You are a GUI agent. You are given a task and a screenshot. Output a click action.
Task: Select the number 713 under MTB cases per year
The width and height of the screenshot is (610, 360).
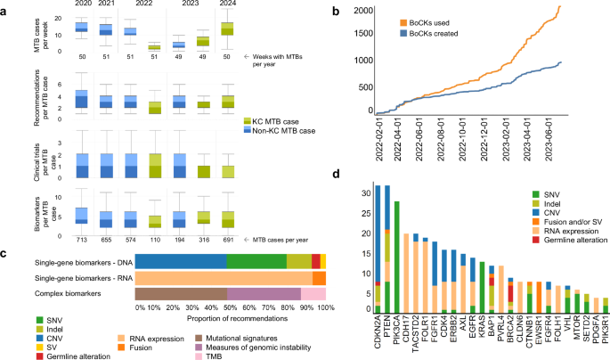(x=81, y=241)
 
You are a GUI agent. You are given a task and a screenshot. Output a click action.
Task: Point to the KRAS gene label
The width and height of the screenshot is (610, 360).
(x=483, y=326)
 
